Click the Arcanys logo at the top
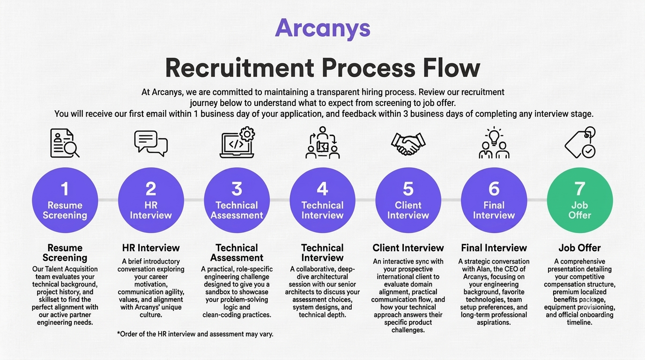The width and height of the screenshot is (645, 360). (322, 28)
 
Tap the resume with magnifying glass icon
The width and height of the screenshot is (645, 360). (65, 143)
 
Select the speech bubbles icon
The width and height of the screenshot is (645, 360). (151, 143)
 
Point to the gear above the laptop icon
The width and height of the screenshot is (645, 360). (247, 134)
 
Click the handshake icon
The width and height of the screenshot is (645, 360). (408, 144)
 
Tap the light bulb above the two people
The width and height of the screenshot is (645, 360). (494, 136)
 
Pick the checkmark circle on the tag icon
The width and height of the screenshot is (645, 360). (589, 151)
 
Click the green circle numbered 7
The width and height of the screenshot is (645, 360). (579, 200)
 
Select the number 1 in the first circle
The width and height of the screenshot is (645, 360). (65, 189)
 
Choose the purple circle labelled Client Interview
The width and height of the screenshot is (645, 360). (408, 200)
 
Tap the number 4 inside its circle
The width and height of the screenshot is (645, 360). (322, 189)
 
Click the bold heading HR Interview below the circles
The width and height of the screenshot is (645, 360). (151, 248)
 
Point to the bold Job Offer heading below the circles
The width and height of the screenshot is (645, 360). (579, 248)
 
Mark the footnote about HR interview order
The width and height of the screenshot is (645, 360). (195, 334)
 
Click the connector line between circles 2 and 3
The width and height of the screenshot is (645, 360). (194, 200)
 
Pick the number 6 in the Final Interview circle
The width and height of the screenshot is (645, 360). (494, 189)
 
